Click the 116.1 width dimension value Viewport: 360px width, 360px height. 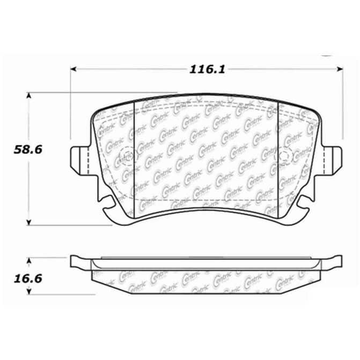(207, 69)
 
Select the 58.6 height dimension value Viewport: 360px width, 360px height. (28, 150)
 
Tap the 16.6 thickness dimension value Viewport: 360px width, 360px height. (28, 279)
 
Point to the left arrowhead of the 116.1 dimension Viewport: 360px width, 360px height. (74, 69)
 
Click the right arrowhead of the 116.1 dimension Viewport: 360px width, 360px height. (340, 69)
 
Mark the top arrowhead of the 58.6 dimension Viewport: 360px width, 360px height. (28, 95)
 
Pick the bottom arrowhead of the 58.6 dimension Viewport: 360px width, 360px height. (28, 222)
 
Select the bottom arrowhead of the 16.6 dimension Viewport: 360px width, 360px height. (28, 291)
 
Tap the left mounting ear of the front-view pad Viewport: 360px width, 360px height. (79, 161)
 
